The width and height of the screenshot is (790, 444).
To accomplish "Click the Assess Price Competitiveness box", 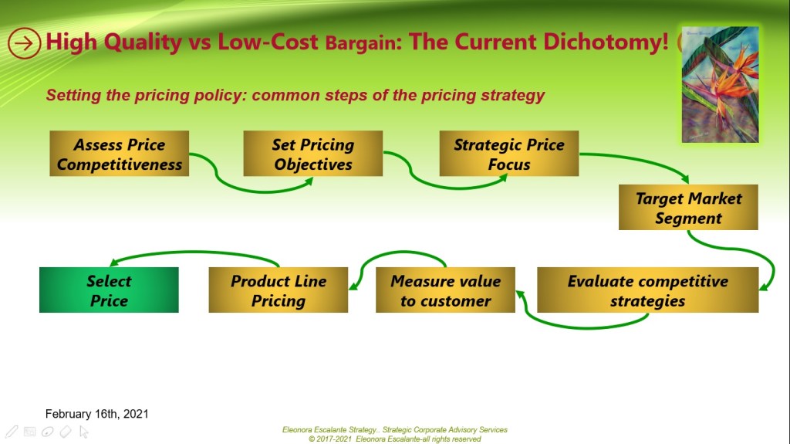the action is click(x=120, y=154).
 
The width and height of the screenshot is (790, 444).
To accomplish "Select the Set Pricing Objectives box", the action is click(x=313, y=154).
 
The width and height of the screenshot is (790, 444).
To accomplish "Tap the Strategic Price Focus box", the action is click(x=509, y=154).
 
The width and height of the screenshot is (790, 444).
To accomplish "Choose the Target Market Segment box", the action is click(x=688, y=208).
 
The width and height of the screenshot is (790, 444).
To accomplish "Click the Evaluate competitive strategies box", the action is click(x=648, y=290).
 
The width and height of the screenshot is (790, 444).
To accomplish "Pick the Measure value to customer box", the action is click(x=445, y=290).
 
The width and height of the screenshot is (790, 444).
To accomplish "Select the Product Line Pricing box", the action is click(x=278, y=290).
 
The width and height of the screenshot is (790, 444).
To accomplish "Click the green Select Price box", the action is click(x=109, y=290).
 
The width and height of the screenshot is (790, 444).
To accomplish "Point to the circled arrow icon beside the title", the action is click(x=24, y=43).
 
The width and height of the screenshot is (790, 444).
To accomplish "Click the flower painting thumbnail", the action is click(x=720, y=84).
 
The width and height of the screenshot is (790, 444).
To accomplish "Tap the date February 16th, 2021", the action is click(x=96, y=414).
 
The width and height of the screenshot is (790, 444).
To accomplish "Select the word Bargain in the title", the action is click(x=360, y=43).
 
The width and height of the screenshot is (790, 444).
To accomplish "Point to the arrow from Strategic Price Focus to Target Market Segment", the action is click(x=639, y=161).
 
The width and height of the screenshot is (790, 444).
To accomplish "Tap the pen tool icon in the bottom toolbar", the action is click(x=12, y=432).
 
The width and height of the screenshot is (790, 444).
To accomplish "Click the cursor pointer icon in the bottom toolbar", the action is click(x=83, y=432).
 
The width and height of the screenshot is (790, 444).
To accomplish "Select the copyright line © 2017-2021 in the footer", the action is click(x=395, y=439).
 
